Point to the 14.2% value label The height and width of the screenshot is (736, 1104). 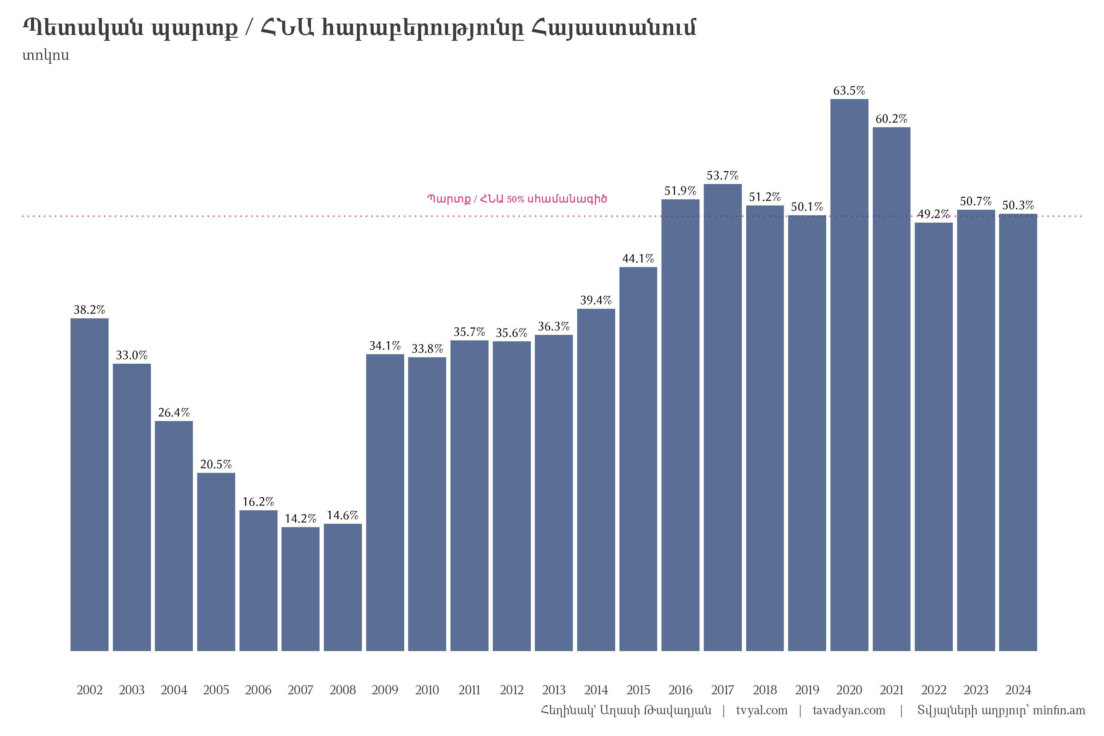tap(301, 519)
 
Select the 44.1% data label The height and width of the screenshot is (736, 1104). tap(638, 259)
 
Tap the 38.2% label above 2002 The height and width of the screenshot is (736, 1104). tap(89, 310)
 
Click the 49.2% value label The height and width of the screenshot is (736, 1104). tap(933, 214)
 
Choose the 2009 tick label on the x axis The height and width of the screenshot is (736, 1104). tap(385, 690)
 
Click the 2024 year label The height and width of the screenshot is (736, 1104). tap(1018, 690)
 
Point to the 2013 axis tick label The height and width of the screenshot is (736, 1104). tap(554, 690)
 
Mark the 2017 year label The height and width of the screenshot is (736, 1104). tap(723, 690)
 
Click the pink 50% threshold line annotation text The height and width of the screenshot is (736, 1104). tap(517, 199)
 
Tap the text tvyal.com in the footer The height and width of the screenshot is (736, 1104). tap(761, 710)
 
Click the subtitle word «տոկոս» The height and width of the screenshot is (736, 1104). tap(45, 56)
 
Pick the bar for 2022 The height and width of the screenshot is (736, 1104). tap(933, 436)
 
